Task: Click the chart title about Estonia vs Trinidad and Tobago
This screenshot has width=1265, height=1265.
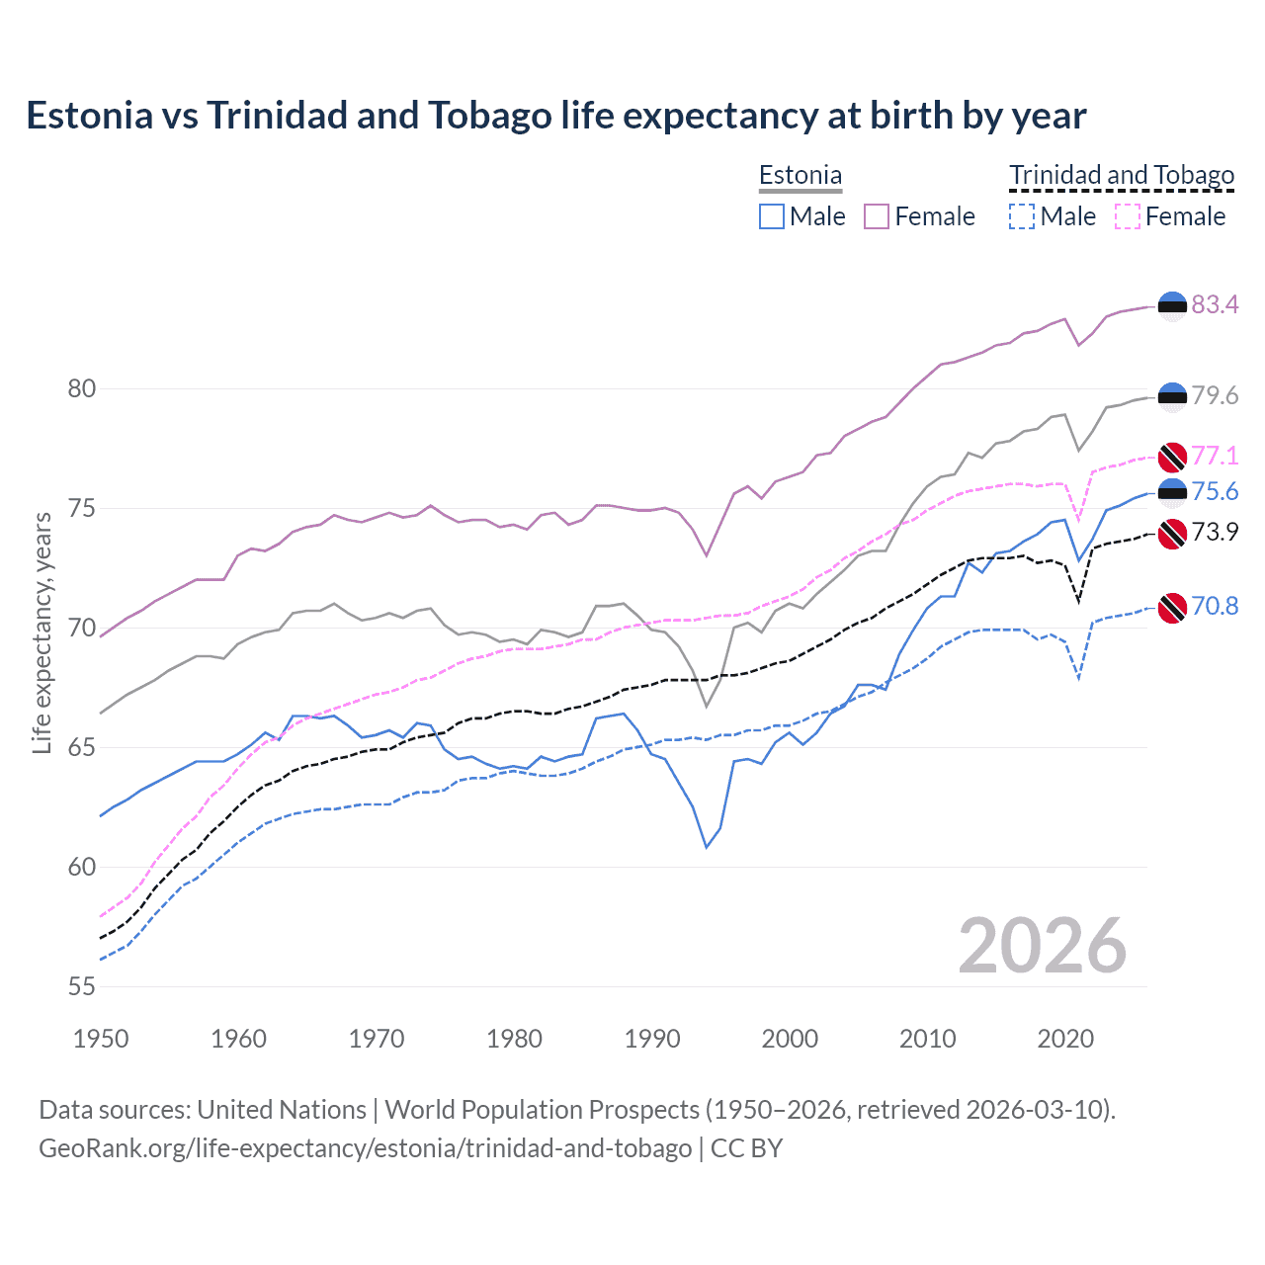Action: tap(555, 116)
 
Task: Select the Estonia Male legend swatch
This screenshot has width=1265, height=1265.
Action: tap(772, 216)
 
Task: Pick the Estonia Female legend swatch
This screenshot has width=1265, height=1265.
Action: tap(877, 216)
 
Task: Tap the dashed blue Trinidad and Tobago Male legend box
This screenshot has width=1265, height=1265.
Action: tap(1022, 216)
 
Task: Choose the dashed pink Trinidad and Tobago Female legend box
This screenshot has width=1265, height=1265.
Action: tap(1128, 216)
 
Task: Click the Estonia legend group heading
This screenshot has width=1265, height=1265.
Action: tap(801, 176)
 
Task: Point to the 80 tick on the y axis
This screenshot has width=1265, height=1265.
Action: tap(82, 388)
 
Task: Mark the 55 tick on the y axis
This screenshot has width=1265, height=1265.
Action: tap(82, 986)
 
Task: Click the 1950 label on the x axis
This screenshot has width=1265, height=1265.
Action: tap(101, 1039)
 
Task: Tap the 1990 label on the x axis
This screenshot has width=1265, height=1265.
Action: tap(652, 1039)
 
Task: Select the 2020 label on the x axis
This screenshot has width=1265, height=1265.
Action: tap(1065, 1039)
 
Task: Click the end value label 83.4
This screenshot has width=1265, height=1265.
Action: tap(1215, 304)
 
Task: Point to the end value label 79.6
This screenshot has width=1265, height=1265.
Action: tap(1215, 395)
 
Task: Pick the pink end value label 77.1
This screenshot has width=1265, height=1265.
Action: tap(1215, 456)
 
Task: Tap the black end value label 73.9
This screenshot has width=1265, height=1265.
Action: tap(1215, 532)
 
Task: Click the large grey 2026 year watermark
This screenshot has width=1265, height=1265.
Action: tap(1042, 946)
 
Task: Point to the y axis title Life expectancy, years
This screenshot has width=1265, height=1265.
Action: tap(42, 632)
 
